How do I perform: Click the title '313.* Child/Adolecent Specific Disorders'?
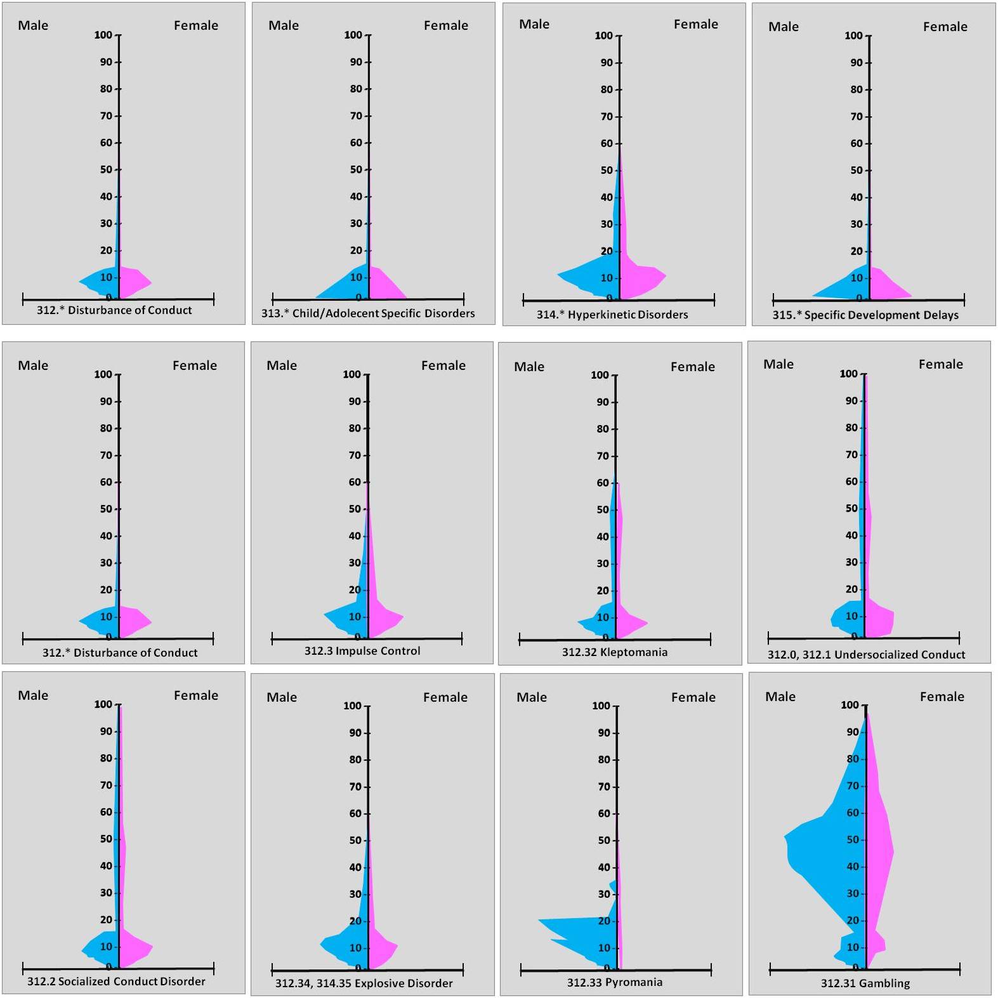click(368, 313)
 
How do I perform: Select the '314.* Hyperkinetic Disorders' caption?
click(612, 315)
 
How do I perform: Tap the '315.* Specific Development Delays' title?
click(865, 315)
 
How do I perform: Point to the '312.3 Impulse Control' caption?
click(362, 651)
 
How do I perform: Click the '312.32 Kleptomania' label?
click(614, 652)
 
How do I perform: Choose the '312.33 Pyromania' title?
click(614, 983)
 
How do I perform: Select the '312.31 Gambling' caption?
click(865, 984)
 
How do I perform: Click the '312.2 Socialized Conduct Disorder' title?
click(116, 982)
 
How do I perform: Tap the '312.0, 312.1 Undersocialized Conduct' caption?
click(866, 655)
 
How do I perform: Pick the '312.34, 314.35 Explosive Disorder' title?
click(364, 984)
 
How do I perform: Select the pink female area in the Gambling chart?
click(879, 850)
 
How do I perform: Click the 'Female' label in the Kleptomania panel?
click(692, 367)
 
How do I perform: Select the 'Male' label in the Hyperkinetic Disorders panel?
click(534, 24)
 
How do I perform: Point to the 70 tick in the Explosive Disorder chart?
click(355, 787)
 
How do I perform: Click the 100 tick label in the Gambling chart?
click(850, 705)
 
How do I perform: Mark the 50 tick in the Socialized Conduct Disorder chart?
click(106, 839)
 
